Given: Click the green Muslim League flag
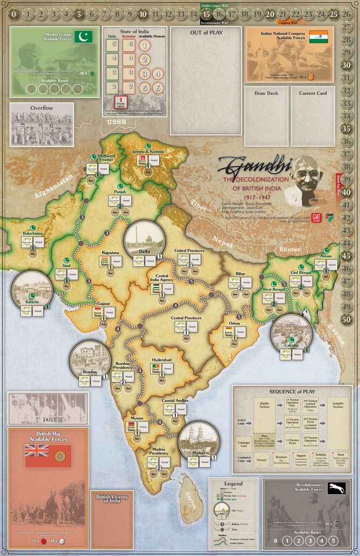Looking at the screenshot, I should click(x=84, y=37).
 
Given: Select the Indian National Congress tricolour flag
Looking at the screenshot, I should click(x=319, y=36).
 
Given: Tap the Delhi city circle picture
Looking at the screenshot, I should click(x=144, y=239).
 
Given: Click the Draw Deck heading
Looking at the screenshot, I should click(x=266, y=93).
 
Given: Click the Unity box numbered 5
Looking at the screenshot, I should click(x=115, y=44).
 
